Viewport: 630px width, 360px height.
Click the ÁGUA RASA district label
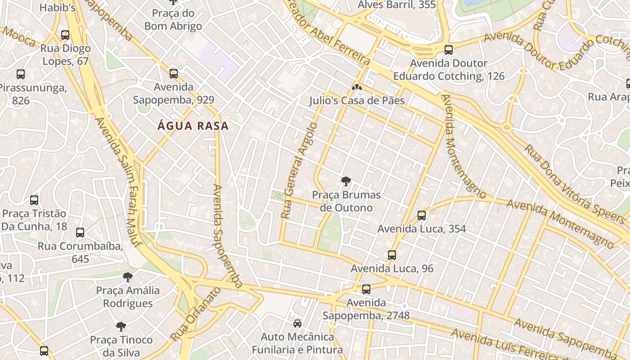[193, 126]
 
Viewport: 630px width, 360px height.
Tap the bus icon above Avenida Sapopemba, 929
[174, 74]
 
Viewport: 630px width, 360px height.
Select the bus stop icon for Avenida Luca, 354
[422, 216]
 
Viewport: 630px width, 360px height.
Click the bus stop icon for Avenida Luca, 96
[392, 255]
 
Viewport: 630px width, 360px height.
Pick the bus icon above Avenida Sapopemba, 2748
[366, 289]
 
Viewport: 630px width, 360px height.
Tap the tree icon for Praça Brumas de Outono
[346, 182]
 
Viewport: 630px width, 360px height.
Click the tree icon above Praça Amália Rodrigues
[128, 277]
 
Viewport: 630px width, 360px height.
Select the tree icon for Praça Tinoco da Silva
[121, 326]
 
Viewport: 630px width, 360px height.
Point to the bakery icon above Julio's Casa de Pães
[356, 87]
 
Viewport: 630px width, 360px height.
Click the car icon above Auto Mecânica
[297, 324]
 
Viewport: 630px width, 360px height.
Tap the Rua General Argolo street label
[299, 171]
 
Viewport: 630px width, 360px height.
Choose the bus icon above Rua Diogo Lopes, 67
[65, 35]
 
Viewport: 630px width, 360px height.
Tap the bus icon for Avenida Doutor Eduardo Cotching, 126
[448, 50]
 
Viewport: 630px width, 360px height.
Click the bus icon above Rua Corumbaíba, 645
[80, 233]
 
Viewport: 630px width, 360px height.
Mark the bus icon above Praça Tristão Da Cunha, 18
[34, 200]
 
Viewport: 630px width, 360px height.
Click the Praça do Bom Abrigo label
[173, 20]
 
